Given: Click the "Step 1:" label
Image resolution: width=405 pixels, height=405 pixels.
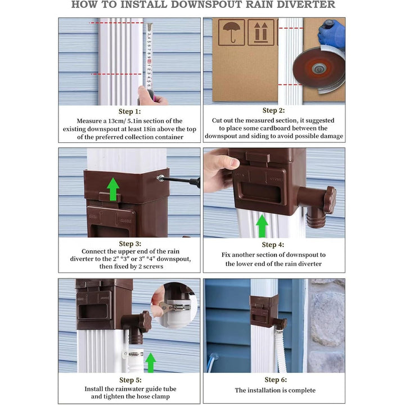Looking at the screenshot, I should [x=130, y=111].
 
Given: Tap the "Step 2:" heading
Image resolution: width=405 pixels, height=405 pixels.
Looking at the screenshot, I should [x=273, y=111].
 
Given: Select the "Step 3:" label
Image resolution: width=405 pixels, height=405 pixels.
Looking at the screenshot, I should [x=130, y=243].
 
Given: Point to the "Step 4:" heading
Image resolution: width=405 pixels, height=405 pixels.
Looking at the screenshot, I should [x=273, y=245].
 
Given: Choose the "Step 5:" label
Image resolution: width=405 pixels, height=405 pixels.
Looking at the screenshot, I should [x=130, y=380].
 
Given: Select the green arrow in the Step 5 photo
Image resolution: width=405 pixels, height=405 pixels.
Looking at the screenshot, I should [x=150, y=362].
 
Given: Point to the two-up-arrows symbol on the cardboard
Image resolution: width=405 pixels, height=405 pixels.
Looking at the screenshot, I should [x=260, y=32].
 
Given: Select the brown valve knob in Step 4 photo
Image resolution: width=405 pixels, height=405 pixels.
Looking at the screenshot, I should [x=329, y=199].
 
